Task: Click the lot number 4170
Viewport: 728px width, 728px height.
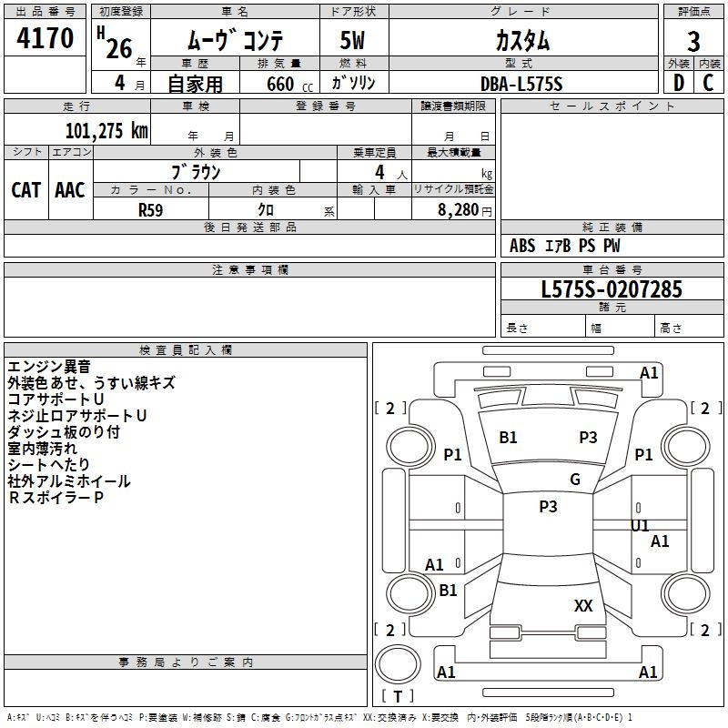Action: pos(45,38)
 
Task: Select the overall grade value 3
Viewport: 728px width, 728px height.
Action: pos(693,42)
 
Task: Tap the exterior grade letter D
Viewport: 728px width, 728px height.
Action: pos(678,83)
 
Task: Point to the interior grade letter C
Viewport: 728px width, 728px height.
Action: pos(709,83)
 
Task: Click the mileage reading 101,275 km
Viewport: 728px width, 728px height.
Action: pos(106,131)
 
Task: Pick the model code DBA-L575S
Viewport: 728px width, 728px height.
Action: pos(521,84)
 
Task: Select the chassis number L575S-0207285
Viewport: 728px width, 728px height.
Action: pos(612,290)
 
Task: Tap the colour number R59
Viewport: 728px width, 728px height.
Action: pos(150,209)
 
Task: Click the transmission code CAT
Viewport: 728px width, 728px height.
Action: pos(25,189)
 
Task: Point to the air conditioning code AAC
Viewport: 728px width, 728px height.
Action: pos(70,189)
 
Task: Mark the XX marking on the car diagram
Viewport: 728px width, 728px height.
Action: pos(583,605)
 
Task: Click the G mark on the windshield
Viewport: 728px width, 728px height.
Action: pos(575,480)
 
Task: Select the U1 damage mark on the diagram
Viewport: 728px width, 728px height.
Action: pos(640,525)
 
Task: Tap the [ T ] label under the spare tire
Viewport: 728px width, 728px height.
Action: pos(398,696)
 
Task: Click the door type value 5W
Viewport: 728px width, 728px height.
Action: pos(354,42)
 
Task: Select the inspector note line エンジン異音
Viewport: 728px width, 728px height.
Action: pos(49,367)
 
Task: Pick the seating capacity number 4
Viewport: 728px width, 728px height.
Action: pos(379,172)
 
